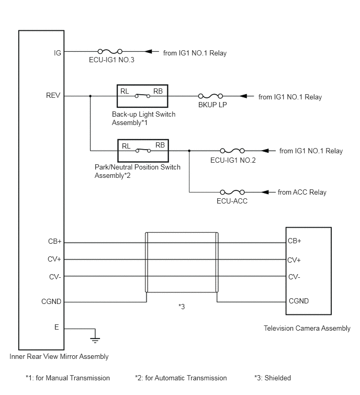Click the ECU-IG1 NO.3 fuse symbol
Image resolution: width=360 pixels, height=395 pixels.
click(x=110, y=52)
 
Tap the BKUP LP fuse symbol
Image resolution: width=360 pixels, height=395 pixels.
click(x=210, y=96)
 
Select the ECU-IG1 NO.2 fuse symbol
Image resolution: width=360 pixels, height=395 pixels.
click(x=232, y=151)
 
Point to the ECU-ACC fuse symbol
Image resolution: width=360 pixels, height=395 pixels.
click(x=232, y=192)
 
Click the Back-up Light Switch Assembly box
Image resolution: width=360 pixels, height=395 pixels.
click(x=142, y=85)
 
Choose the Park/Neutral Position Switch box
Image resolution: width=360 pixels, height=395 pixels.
click(x=143, y=140)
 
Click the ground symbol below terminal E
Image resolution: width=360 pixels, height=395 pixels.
click(x=95, y=341)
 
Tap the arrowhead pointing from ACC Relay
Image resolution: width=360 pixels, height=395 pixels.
click(x=265, y=192)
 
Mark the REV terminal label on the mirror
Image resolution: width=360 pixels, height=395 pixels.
click(x=53, y=95)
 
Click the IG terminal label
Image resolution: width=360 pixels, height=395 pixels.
click(x=58, y=53)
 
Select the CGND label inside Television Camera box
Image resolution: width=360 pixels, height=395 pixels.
click(x=299, y=301)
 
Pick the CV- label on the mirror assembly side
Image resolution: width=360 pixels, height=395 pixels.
click(x=55, y=277)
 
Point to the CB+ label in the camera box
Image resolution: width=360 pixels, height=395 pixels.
click(x=295, y=241)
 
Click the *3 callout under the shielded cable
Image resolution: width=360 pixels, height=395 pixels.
click(x=182, y=307)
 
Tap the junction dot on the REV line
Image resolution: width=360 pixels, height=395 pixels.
click(x=91, y=96)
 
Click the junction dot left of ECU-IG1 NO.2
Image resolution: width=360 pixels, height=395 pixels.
click(x=189, y=151)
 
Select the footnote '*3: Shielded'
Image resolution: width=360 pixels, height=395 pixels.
click(x=273, y=378)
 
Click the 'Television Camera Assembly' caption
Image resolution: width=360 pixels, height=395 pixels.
click(x=307, y=328)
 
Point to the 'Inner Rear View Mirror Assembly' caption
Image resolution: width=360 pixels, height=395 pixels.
click(x=59, y=356)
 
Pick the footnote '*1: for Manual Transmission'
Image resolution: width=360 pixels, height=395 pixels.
click(x=68, y=378)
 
